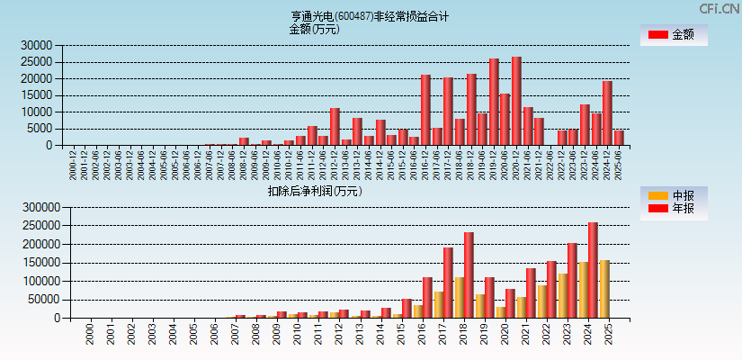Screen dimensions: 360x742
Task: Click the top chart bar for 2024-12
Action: pyautogui.click(x=607, y=112)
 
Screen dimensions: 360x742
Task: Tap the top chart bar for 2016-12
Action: pyautogui.click(x=425, y=110)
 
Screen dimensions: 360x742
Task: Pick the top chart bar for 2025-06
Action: pyautogui.click(x=619, y=138)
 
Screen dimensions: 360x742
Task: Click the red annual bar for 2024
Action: pyautogui.click(x=593, y=270)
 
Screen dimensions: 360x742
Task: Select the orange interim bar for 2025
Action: pyautogui.click(x=604, y=289)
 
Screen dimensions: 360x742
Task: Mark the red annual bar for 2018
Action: pyautogui.click(x=469, y=275)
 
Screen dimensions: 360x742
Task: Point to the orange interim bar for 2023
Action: pyautogui.click(x=563, y=295)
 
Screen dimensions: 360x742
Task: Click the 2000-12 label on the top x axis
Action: pyautogui.click(x=73, y=164)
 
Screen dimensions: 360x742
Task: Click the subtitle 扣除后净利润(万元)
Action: pyautogui.click(x=314, y=191)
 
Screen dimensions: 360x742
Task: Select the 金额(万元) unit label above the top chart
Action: pyautogui.click(x=314, y=29)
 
